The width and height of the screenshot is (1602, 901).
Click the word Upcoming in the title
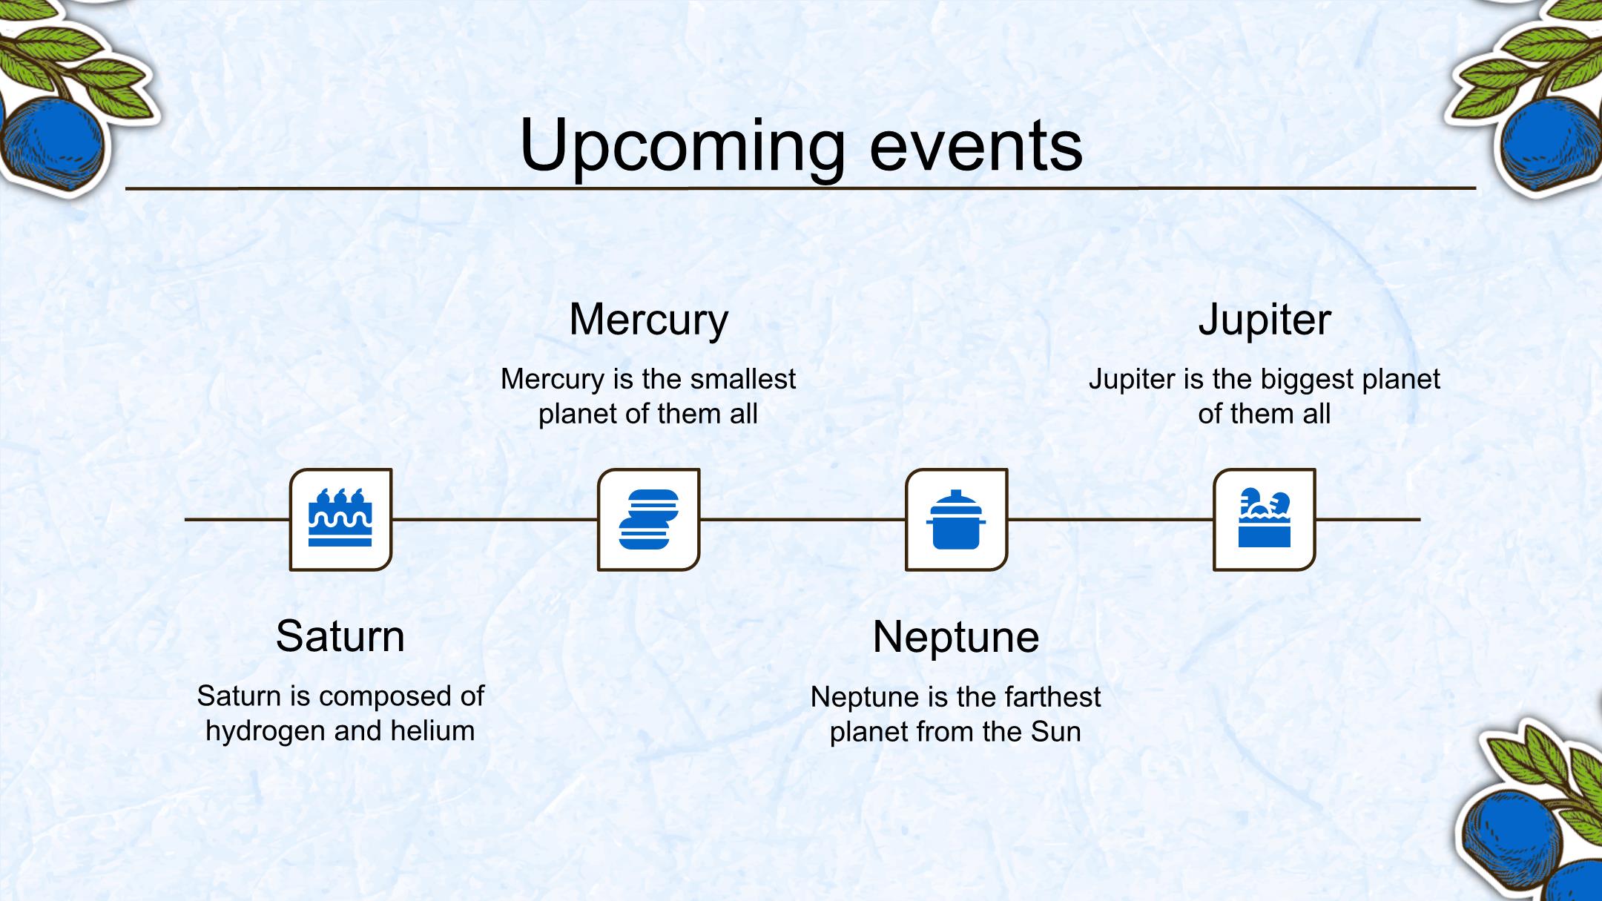pyautogui.click(x=682, y=146)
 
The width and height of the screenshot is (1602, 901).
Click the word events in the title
pyautogui.click(x=976, y=146)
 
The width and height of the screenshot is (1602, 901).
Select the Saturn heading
pyautogui.click(x=340, y=636)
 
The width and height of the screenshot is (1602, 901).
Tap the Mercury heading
pyautogui.click(x=649, y=320)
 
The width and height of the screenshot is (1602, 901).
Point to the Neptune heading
pyautogui.click(x=956, y=637)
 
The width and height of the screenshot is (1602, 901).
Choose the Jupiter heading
pyautogui.click(x=1265, y=320)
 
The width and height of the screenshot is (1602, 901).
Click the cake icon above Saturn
pyautogui.click(x=340, y=518)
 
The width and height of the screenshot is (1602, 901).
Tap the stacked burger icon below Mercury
pyautogui.click(x=649, y=519)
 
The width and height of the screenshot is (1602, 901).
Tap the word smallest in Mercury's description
pyautogui.click(x=743, y=379)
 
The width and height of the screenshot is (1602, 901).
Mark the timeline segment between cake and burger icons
pyautogui.click(x=495, y=519)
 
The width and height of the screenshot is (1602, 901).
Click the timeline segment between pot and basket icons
pyautogui.click(x=1110, y=519)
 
